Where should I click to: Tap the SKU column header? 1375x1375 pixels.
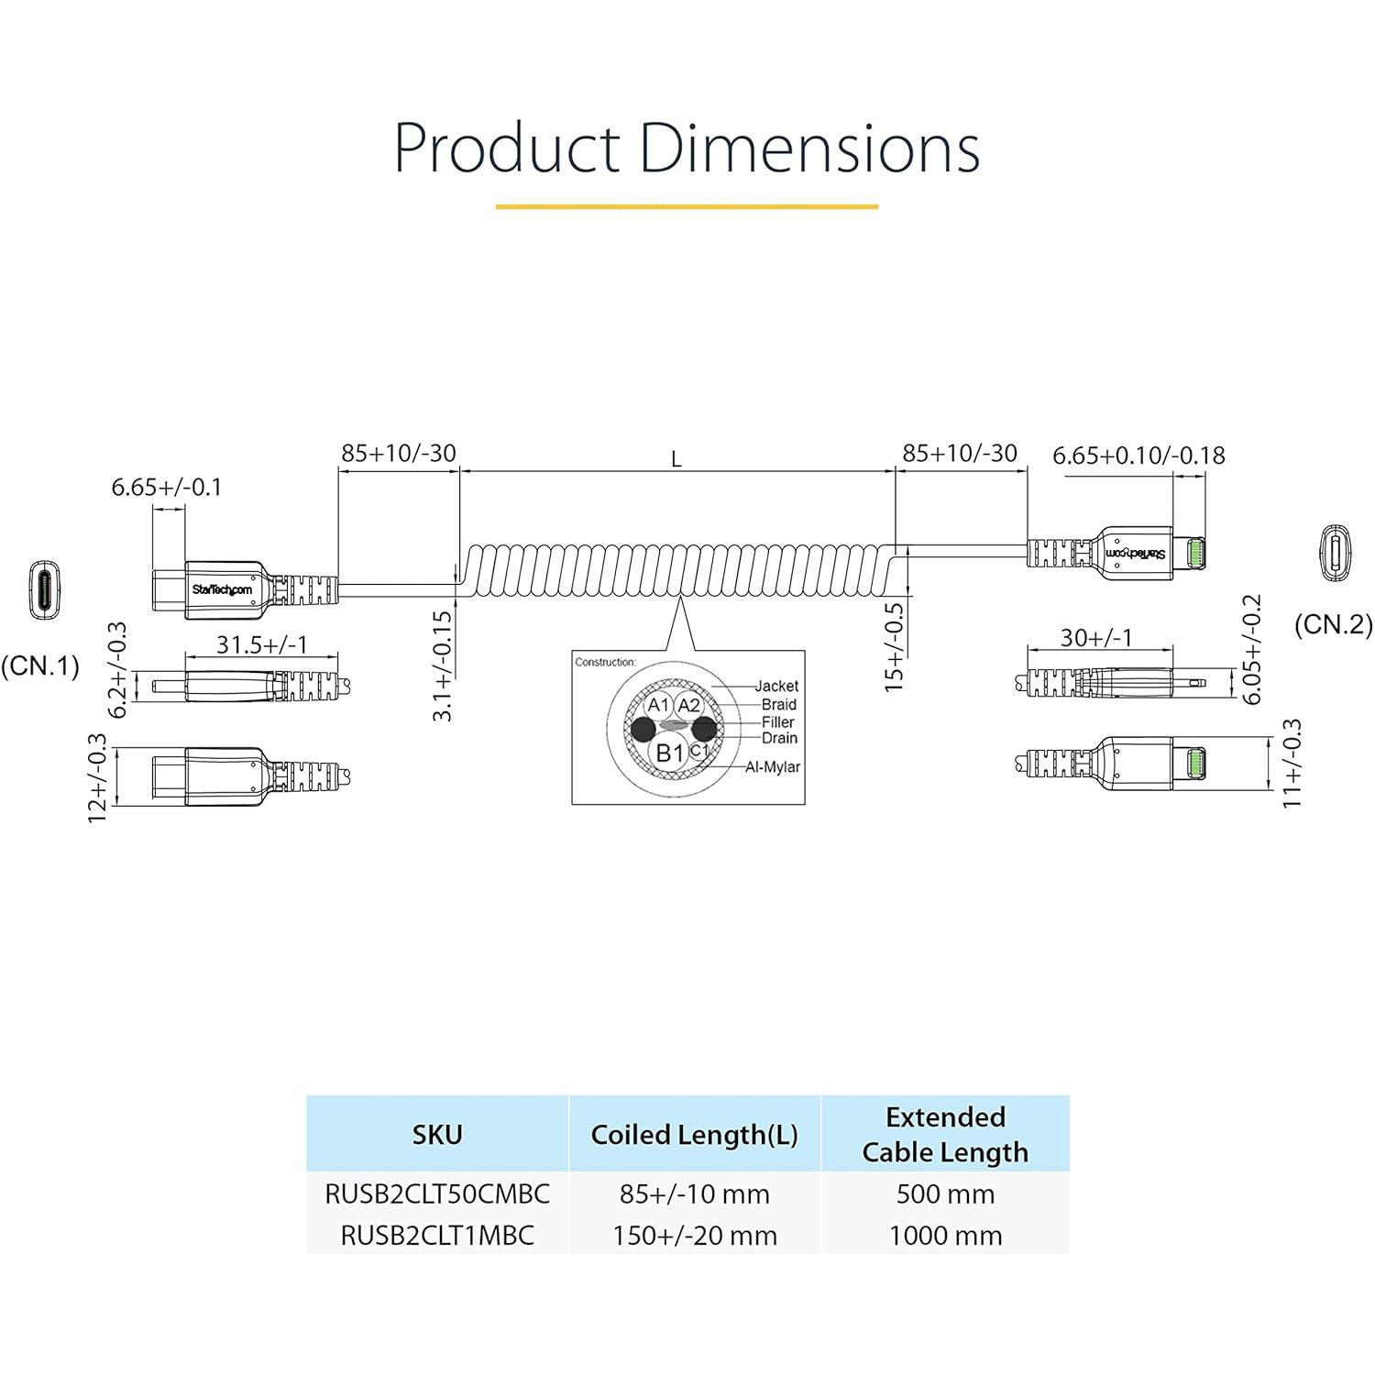(437, 1135)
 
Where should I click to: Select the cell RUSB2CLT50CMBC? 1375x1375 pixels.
(437, 1193)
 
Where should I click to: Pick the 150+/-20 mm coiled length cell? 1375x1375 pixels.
(695, 1236)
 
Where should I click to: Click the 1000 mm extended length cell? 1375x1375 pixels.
(945, 1236)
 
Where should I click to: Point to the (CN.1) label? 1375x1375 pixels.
(40, 665)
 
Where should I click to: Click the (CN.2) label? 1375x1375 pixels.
(1334, 625)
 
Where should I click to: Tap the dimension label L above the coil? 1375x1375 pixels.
(676, 459)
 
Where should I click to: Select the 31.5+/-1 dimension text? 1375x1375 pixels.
(262, 644)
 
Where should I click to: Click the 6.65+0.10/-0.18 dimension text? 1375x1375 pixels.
(1138, 456)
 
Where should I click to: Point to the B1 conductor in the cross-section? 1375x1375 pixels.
(670, 753)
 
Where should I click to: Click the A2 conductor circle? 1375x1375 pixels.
(689, 705)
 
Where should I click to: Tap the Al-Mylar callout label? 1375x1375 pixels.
(772, 766)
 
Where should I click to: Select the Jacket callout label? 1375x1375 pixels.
(776, 686)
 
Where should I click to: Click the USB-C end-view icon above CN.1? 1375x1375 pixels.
(43, 591)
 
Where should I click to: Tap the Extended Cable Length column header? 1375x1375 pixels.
(945, 1135)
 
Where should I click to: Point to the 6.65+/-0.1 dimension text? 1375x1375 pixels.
(167, 488)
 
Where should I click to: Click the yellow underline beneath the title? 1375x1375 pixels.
(687, 206)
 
